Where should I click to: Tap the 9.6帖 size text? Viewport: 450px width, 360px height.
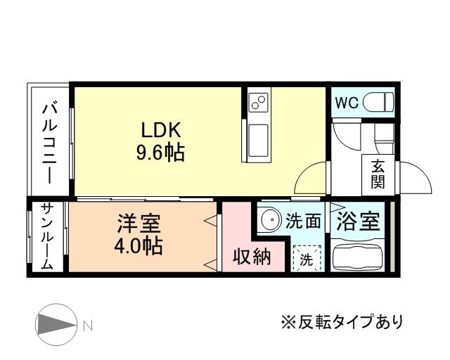tap(161, 152)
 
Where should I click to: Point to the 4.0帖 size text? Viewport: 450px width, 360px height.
tap(139, 246)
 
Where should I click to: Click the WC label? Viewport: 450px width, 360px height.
tap(346, 103)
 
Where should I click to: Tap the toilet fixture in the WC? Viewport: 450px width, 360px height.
tap(380, 103)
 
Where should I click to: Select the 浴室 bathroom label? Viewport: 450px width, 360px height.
tap(358, 221)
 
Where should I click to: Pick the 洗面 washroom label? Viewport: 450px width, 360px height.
tap(303, 221)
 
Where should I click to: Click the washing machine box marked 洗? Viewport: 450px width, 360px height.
tap(307, 258)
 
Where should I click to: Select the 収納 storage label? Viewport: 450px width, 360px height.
tap(252, 257)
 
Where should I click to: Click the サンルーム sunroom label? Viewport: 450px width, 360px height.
tap(46, 237)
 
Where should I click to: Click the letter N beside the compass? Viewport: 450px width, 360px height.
tap(87, 326)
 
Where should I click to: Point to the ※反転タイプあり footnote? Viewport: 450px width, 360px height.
tap(342, 323)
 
